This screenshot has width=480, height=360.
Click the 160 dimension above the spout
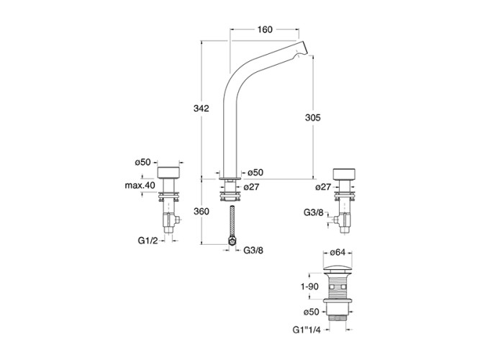click(x=264, y=30)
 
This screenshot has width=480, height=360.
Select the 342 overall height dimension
click(x=201, y=109)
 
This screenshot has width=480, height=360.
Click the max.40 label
click(x=140, y=185)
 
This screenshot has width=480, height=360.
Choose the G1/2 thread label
click(x=148, y=240)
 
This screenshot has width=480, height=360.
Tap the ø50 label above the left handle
click(x=141, y=162)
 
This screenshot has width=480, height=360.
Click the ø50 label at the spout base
click(x=255, y=173)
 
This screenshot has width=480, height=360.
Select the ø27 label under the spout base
click(x=252, y=186)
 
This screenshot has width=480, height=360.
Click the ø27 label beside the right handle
click(x=323, y=187)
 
